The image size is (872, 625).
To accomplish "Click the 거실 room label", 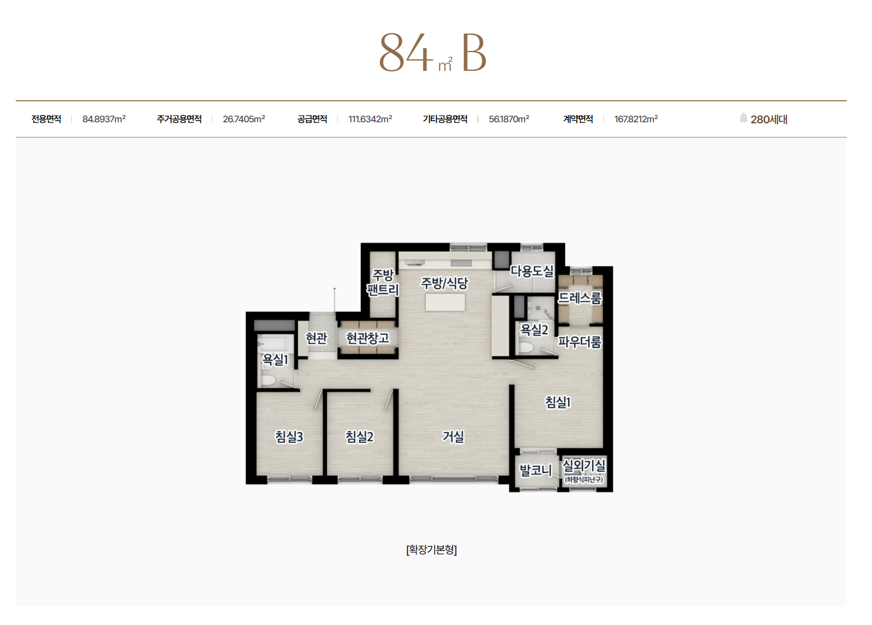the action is point(453,437).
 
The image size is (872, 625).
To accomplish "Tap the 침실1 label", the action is point(558,402).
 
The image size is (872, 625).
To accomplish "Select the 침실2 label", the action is point(359,437).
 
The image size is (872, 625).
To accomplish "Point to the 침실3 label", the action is point(289,437).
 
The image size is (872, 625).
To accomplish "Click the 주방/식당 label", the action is point(444,283).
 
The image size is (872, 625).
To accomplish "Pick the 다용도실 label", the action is point(532,271).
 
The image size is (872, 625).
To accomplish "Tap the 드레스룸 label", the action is point(580,298).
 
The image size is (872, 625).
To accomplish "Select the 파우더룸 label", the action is point(580,342).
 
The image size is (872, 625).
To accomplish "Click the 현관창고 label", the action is point(367,337).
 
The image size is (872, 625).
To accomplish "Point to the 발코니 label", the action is point(536,470).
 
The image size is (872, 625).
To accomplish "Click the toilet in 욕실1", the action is point(268,380).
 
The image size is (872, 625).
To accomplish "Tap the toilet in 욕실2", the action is point(526,347).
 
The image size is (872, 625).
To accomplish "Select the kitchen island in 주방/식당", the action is point(445,302).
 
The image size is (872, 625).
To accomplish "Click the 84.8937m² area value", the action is point(104,119).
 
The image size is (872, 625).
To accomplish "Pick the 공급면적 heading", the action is point(312,119).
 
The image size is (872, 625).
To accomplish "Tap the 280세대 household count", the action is point(769,119).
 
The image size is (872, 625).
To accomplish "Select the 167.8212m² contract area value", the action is point(636,119).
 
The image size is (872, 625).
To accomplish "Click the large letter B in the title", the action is point(474,53).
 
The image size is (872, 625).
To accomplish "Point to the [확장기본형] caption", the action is point(431,549).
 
